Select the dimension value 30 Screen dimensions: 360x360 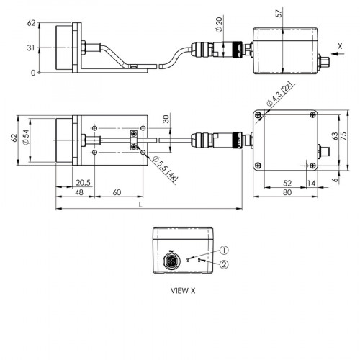(x=166, y=119)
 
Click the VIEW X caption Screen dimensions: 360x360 (x=182, y=292)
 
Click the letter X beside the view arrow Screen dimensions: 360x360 (x=341, y=45)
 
